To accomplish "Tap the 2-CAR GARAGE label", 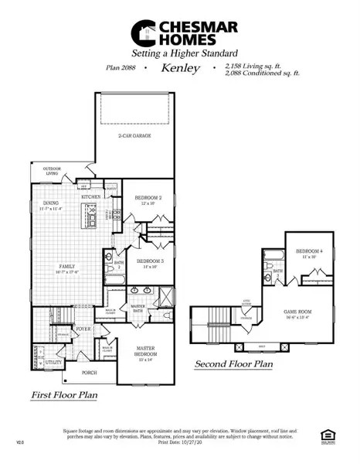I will point(134,135).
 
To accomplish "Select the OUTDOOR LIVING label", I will point(53,171).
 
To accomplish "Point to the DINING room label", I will point(51,203).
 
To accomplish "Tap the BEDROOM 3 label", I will point(148,261).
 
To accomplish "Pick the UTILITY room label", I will point(54,361).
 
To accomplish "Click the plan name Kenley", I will point(180,68).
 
